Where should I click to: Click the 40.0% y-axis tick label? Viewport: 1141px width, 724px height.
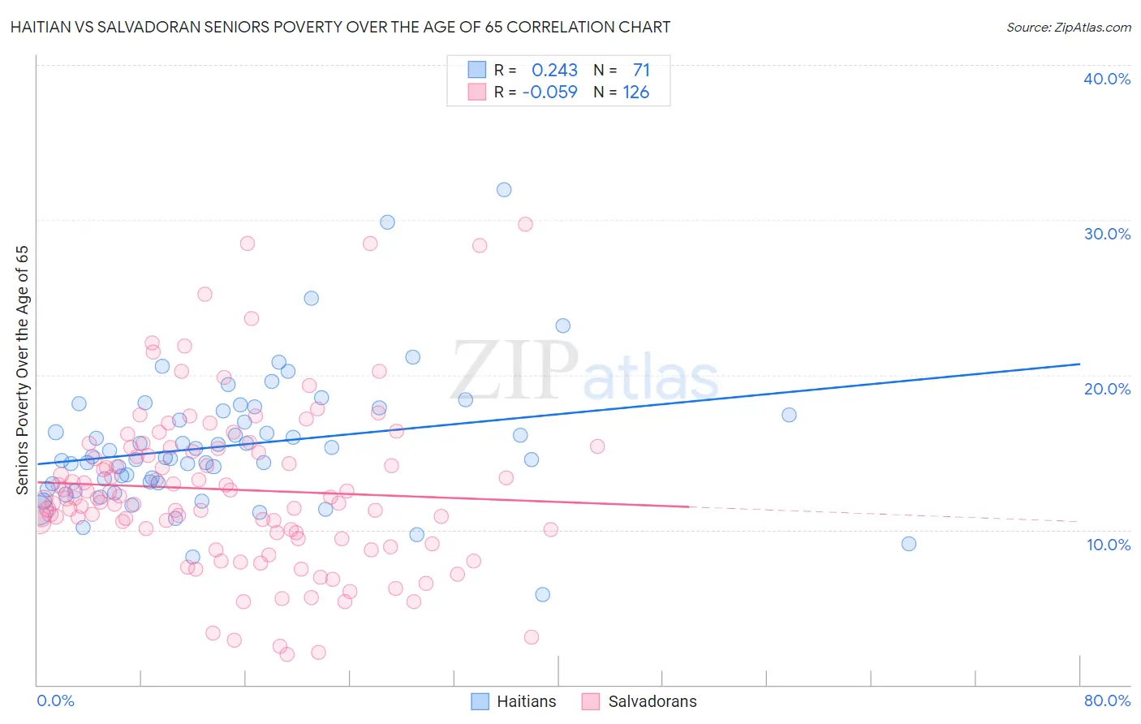(x=1107, y=79)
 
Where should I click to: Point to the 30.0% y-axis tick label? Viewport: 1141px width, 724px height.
(x=1107, y=234)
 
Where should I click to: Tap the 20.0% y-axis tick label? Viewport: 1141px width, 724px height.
(x=1107, y=389)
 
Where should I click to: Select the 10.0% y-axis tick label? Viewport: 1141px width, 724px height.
(x=1107, y=545)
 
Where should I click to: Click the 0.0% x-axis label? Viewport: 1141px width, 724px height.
(x=55, y=700)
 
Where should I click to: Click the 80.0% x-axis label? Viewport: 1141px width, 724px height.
(x=1107, y=700)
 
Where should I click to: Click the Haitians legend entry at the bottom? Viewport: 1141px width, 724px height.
(x=515, y=701)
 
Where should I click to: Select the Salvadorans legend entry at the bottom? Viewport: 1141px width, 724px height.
(x=639, y=701)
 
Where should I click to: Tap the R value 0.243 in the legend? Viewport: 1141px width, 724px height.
(x=554, y=71)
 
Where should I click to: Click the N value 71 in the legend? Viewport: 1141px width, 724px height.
(x=641, y=71)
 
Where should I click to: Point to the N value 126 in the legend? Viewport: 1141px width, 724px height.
(x=635, y=93)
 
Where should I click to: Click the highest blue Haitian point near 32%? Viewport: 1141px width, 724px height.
(x=504, y=190)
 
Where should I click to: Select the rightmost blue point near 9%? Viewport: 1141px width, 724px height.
(x=909, y=544)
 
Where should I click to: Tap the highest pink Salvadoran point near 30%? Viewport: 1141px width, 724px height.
(x=525, y=224)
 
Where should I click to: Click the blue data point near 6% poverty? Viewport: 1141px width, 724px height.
(x=542, y=594)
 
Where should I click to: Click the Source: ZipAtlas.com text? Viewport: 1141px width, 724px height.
(x=1068, y=28)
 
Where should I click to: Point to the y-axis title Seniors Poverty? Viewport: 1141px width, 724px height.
(x=23, y=370)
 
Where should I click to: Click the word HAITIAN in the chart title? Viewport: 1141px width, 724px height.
(x=41, y=28)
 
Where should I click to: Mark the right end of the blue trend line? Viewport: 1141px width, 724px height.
(x=1079, y=364)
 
